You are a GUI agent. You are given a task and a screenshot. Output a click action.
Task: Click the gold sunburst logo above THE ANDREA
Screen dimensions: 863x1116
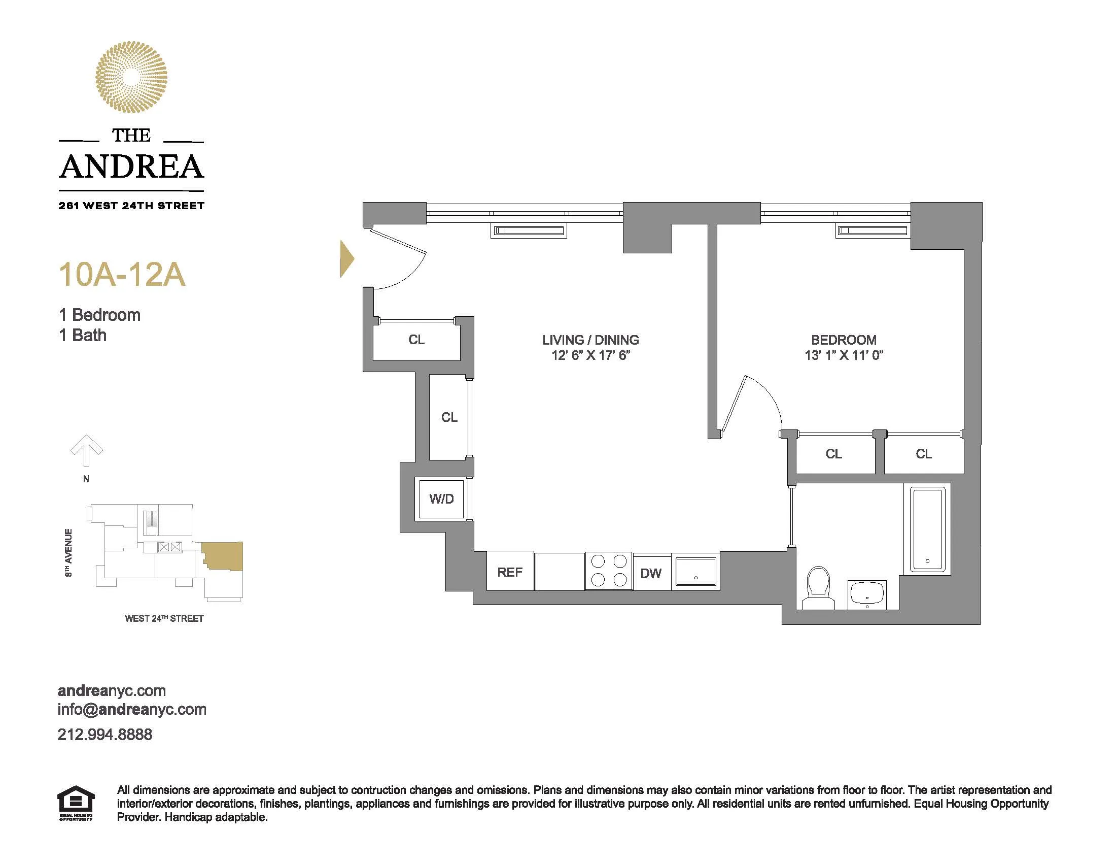(x=131, y=77)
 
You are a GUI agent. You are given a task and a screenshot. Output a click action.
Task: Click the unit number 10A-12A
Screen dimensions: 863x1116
(x=122, y=275)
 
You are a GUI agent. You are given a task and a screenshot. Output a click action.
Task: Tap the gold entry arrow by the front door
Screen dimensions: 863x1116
(x=347, y=259)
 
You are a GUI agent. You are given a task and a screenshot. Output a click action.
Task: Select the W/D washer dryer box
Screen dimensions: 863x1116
(x=441, y=499)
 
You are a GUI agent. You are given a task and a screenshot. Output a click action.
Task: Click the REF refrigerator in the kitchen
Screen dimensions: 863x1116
(x=510, y=572)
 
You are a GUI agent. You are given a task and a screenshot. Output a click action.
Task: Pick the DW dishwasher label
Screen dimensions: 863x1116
(x=651, y=573)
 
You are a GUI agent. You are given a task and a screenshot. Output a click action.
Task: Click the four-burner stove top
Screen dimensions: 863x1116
(x=609, y=571)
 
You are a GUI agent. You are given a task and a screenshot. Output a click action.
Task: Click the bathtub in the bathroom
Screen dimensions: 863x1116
(x=927, y=528)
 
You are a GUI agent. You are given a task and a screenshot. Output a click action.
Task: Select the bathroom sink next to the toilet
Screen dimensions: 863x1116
(x=866, y=594)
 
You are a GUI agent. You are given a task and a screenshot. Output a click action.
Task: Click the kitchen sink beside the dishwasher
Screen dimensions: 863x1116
(x=695, y=572)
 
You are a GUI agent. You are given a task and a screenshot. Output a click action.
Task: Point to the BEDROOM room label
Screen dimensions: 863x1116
(x=844, y=340)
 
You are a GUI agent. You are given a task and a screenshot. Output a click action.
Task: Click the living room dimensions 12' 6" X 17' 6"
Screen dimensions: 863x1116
(x=590, y=355)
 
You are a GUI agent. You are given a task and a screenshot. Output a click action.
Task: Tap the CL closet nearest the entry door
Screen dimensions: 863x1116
(x=416, y=340)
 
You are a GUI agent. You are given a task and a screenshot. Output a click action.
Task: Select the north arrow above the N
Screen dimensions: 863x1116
(x=86, y=450)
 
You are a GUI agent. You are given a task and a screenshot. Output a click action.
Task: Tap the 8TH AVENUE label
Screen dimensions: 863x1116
(x=68, y=553)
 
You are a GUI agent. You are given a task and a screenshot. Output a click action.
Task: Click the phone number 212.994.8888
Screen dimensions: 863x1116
(x=105, y=735)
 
